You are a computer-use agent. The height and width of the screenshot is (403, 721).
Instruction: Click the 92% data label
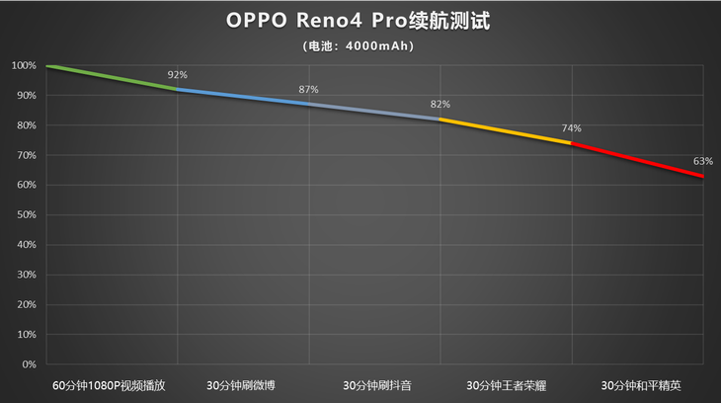[x=178, y=75]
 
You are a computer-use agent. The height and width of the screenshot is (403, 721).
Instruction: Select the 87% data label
[x=308, y=90]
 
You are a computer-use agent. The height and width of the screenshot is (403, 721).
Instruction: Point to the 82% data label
[x=441, y=105]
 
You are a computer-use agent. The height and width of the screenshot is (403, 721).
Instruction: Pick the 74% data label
[x=572, y=128]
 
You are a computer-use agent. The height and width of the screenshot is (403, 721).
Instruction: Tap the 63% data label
[x=702, y=161]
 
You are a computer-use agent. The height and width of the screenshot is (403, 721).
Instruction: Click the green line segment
[x=112, y=78]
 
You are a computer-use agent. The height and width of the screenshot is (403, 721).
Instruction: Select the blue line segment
[x=243, y=97]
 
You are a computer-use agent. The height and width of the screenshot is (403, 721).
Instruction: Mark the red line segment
[x=638, y=159]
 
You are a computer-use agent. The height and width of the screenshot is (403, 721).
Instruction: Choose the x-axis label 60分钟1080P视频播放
[x=111, y=385]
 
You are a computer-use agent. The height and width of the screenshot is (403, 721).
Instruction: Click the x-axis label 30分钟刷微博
[x=243, y=385]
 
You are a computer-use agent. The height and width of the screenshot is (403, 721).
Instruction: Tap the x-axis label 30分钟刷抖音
[x=375, y=385]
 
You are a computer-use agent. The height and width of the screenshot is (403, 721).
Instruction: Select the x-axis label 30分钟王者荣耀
[x=506, y=385]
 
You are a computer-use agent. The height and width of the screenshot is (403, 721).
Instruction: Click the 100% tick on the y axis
[x=24, y=66]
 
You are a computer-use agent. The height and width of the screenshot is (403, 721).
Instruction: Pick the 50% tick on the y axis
[x=26, y=215]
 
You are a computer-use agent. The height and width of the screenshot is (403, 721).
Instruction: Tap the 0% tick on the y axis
[x=29, y=364]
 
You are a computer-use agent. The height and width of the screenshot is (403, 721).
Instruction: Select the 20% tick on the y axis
[x=26, y=304]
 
